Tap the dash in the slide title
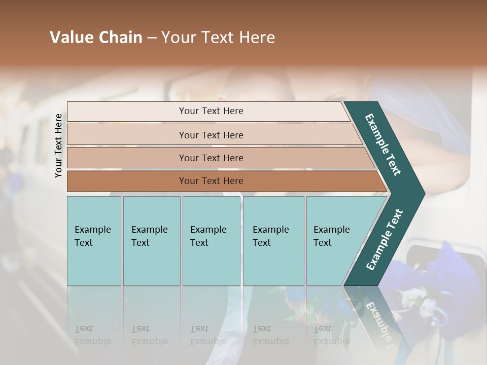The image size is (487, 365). click(x=152, y=38)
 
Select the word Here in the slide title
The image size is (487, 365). click(x=257, y=38)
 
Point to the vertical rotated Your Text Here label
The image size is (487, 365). click(x=58, y=145)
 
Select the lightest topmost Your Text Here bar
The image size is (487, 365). click(x=211, y=112)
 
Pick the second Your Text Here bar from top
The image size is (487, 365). click(x=211, y=135)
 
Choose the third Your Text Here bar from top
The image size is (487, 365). click(x=211, y=158)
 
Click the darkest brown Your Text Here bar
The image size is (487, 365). click(x=211, y=181)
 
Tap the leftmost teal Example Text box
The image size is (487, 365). click(x=94, y=241)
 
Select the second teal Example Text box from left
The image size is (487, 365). click(x=152, y=241)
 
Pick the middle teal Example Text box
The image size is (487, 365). click(x=211, y=241)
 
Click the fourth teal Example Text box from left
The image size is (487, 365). click(x=273, y=241)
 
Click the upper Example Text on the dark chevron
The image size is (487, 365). click(x=383, y=145)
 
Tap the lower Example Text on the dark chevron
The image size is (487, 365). click(x=384, y=239)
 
